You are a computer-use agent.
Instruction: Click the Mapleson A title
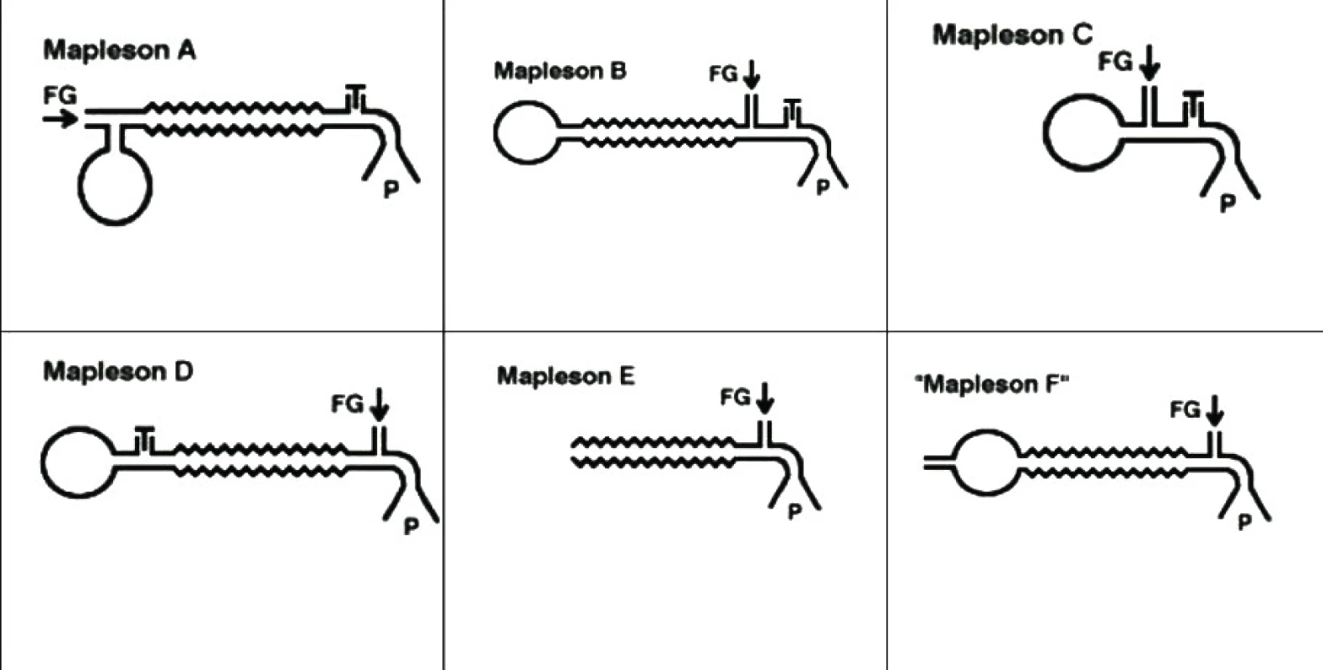pos(119,50)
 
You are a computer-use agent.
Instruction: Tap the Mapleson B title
pos(560,71)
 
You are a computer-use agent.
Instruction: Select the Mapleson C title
pos(1012,35)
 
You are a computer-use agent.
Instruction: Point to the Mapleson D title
pos(118,372)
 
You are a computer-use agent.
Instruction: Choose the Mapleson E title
pos(566,376)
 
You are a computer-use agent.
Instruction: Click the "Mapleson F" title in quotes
pos(992,385)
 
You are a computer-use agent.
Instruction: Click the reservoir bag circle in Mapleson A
pos(79,187)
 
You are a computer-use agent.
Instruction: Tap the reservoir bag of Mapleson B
pos(495,133)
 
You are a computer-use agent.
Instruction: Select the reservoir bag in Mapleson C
pos(1045,133)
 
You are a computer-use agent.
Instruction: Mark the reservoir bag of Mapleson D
pos(43,463)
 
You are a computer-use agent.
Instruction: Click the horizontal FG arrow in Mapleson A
pos(60,119)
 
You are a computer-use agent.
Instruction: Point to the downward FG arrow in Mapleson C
pos(1149,63)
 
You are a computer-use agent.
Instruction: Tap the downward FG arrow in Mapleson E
pos(764,399)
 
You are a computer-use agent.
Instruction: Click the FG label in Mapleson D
pos(347,405)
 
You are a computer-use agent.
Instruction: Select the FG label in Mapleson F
pos(1185,410)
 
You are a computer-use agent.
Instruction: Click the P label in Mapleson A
pos(391,190)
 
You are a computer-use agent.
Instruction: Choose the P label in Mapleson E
pos(795,512)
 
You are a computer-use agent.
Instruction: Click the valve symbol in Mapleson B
pos(793,112)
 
